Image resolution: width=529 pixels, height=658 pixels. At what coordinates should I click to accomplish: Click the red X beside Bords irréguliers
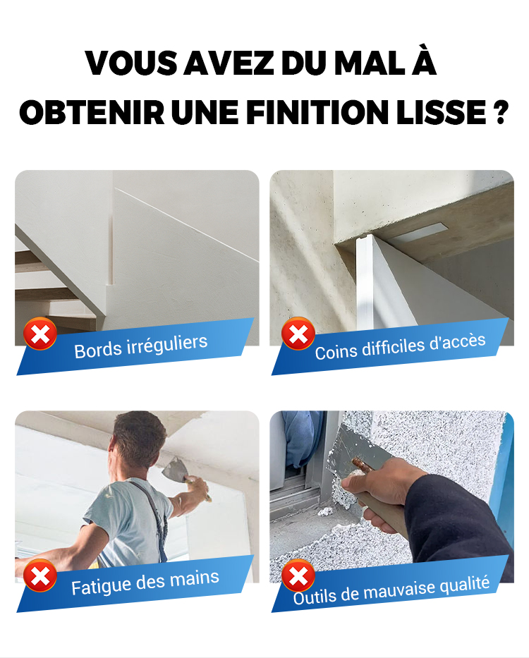[x=40, y=334]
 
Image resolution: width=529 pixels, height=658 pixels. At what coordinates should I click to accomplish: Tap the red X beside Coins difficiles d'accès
[x=298, y=334]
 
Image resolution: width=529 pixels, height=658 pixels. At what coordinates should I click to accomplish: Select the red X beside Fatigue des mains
[x=40, y=575]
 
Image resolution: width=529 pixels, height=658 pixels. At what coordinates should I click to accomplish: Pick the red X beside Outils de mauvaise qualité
[x=298, y=575]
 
